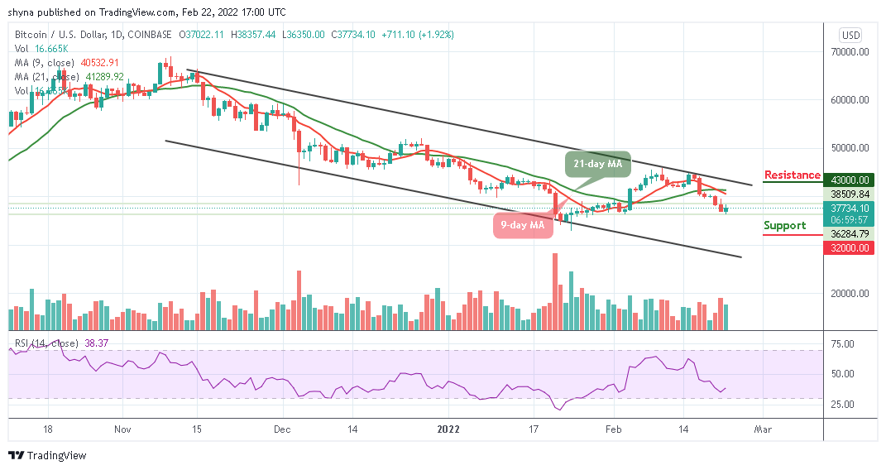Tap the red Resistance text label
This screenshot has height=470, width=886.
(792, 175)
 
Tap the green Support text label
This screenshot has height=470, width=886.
(784, 225)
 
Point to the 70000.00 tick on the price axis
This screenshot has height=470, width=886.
(850, 51)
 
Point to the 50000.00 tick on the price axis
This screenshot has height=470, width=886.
(850, 148)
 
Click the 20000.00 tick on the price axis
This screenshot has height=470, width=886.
(850, 293)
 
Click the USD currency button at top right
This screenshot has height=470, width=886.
(850, 35)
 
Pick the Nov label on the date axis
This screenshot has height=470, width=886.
(122, 429)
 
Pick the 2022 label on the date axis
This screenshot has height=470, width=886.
(448, 429)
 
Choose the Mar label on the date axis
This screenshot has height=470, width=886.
(762, 429)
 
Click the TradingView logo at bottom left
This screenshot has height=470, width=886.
(47, 455)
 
